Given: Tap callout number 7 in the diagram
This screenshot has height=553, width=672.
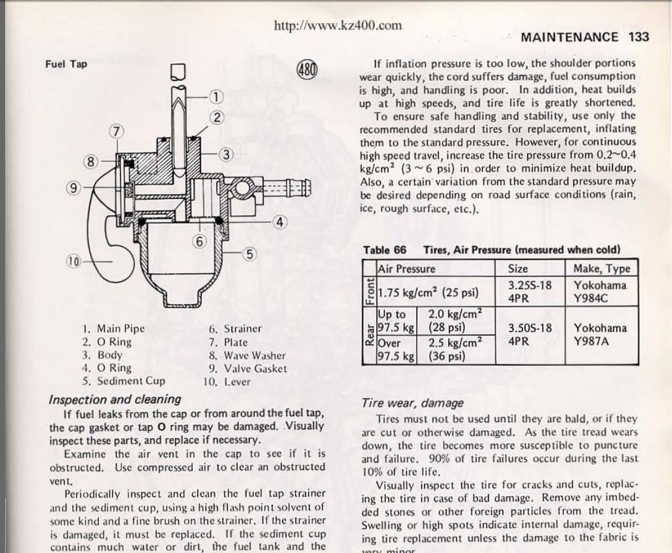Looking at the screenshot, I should coord(116,131).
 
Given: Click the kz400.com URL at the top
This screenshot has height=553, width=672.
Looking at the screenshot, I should coord(338,26).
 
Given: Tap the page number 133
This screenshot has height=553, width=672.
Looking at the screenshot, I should coord(639,37).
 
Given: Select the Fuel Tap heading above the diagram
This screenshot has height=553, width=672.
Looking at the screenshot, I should coord(67,64).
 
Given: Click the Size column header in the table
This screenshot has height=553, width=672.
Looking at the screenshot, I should coord(518,269).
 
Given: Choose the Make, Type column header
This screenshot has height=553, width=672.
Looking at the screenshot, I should coord(602,269).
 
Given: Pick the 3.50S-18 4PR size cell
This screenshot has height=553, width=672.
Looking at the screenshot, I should coord(529,335).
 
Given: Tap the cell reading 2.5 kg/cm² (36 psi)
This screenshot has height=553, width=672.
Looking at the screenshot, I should coord(456,349).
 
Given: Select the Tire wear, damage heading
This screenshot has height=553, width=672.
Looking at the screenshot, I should coord(412,403).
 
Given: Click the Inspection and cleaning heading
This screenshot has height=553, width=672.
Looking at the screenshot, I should coord(115,399).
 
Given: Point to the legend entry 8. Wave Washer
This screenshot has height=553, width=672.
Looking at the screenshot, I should coord(247,355).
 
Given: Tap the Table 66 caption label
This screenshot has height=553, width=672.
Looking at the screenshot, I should coord(384,250).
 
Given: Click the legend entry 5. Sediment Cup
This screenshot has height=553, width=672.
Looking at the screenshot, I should coord(123,381).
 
